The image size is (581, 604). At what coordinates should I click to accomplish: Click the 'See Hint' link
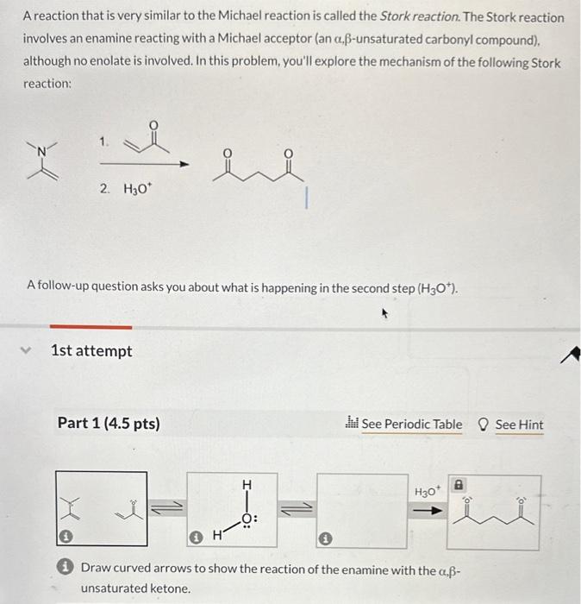(519, 425)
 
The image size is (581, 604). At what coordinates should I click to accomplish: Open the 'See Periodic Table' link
(410, 425)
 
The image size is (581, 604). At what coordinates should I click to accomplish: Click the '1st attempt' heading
(92, 351)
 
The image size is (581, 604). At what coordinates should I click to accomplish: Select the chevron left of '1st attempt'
(28, 350)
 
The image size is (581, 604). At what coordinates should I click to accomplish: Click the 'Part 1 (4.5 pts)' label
(109, 424)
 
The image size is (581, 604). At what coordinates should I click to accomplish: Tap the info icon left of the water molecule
(197, 537)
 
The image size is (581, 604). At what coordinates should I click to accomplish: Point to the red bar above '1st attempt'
(91, 327)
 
